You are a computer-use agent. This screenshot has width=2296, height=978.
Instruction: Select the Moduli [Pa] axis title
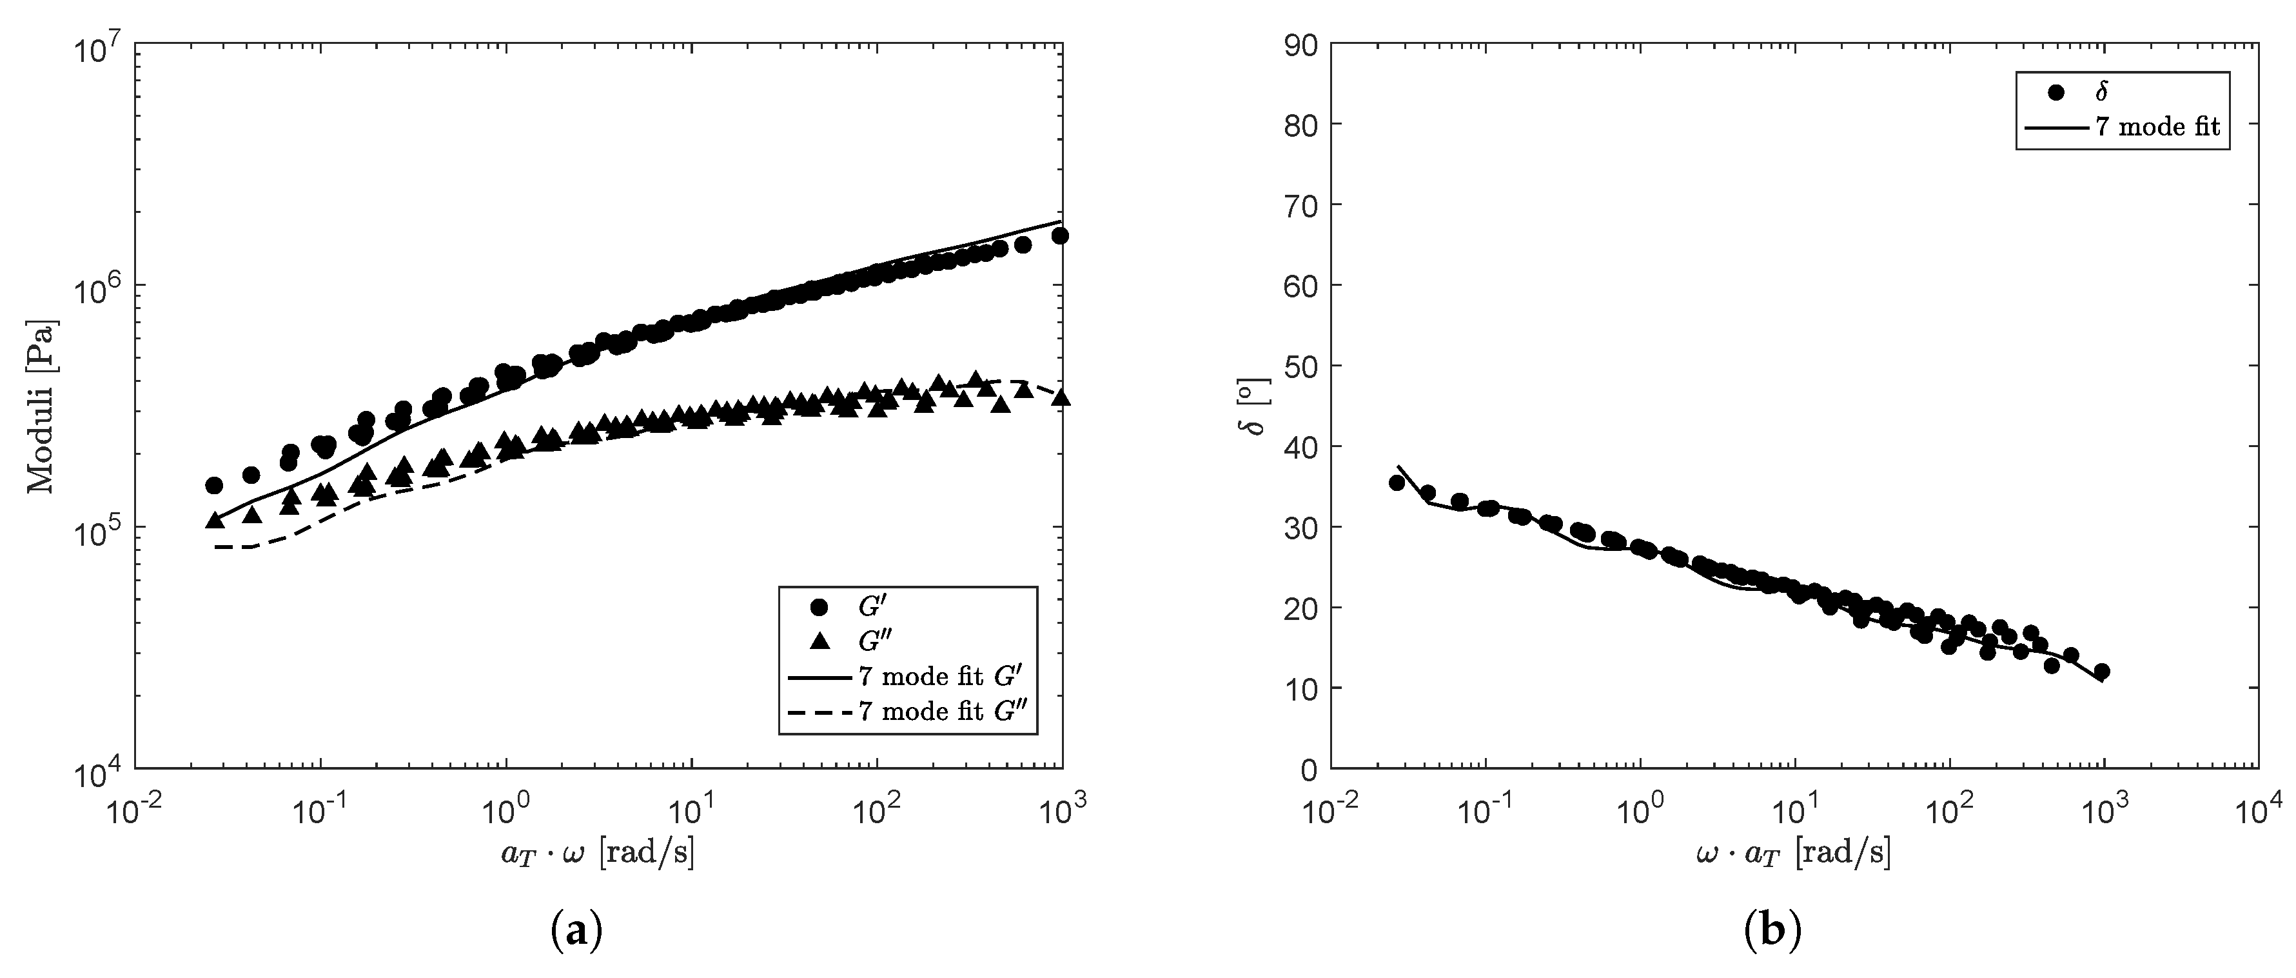click(x=40, y=406)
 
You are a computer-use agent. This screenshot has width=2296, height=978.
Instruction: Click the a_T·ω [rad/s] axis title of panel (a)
click(x=597, y=854)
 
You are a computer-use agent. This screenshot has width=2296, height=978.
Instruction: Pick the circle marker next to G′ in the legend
click(x=819, y=606)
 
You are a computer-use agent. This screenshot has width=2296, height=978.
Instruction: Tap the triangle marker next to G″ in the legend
click(x=819, y=641)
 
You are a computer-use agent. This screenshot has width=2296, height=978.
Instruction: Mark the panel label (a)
click(x=578, y=931)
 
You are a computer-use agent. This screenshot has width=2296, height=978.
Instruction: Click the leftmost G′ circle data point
click(x=214, y=486)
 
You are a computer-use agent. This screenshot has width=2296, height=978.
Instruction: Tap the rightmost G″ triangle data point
click(x=1061, y=397)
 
